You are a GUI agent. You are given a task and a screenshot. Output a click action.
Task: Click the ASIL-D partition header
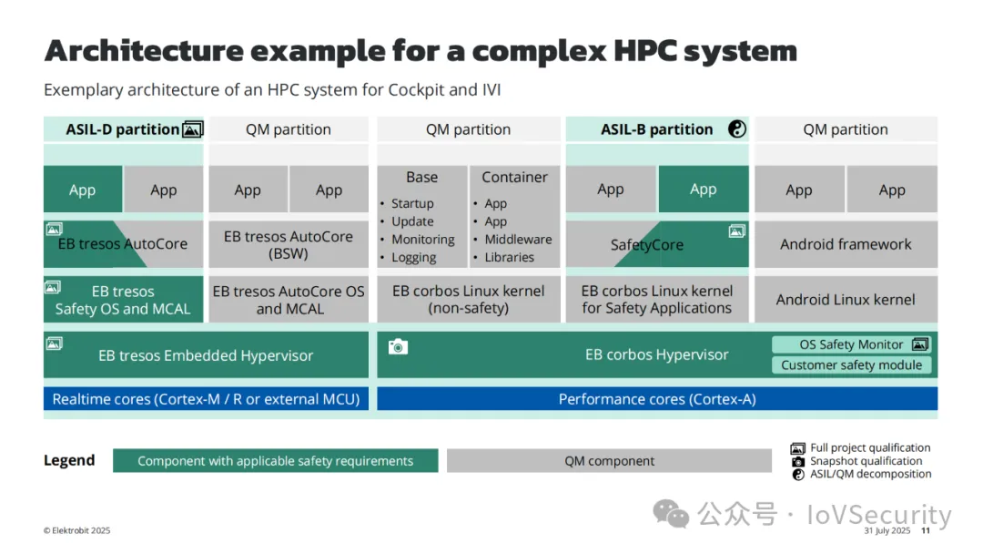[x=123, y=129]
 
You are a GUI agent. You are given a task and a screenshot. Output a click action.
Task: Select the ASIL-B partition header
[x=656, y=129]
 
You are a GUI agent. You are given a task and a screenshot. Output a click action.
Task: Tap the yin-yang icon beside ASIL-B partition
[x=737, y=129]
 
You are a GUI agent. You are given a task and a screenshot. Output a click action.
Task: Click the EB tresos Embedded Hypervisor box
[x=206, y=355]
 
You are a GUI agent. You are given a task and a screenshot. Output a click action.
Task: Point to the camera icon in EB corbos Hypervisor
[x=397, y=346]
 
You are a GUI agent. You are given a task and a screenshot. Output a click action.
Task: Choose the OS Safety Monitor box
[x=851, y=344]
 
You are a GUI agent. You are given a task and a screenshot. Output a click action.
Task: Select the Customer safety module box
[x=851, y=365]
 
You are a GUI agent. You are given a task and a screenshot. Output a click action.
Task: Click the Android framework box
[x=846, y=244]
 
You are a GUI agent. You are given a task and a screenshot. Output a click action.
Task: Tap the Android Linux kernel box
[x=846, y=300]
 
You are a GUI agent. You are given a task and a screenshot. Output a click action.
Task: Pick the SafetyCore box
[x=647, y=245]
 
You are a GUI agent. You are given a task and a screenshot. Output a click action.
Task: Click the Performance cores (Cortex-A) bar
[x=657, y=399]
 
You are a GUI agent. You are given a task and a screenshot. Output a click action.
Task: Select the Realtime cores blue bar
[x=206, y=399]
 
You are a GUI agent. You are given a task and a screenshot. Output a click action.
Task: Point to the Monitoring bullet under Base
[x=422, y=240]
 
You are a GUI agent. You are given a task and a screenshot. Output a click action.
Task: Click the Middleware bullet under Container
[x=518, y=240]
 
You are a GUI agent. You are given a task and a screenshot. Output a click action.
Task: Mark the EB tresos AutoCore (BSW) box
[x=289, y=244]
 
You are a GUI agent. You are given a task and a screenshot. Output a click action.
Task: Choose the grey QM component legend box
[x=609, y=461]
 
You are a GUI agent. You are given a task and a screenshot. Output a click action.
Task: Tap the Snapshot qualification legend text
[x=866, y=461]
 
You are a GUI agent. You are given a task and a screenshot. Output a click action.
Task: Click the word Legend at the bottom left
[x=69, y=460]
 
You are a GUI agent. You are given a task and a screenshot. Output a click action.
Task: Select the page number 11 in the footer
[x=926, y=531]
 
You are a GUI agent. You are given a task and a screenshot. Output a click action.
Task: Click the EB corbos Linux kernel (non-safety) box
[x=468, y=300]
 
